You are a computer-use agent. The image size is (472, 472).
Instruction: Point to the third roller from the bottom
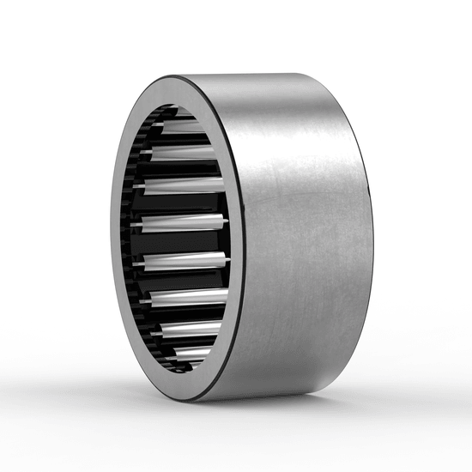189,297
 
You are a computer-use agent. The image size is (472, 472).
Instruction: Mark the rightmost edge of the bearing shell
372,232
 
